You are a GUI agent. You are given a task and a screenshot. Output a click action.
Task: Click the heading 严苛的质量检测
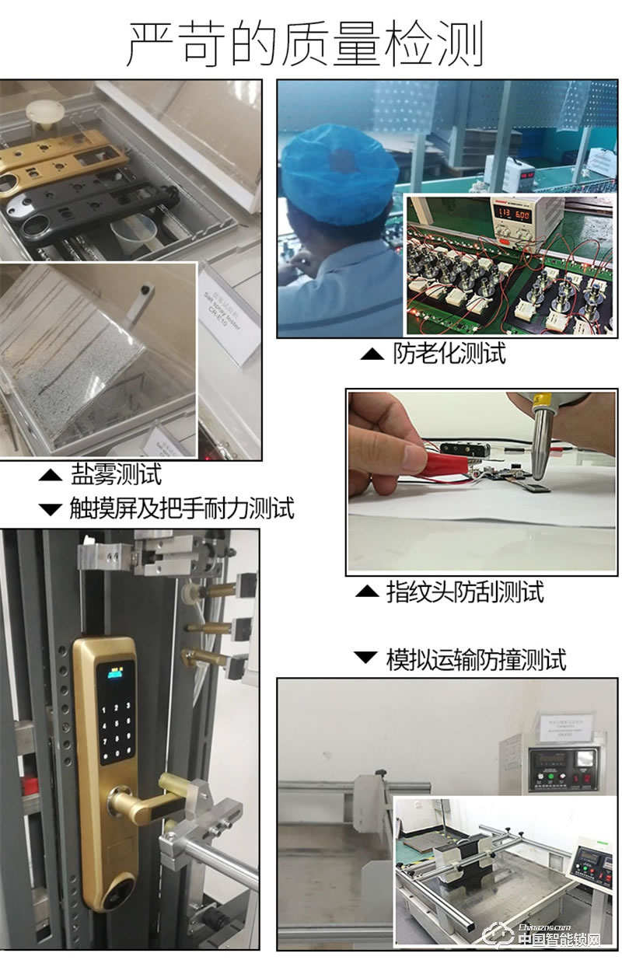(x=305, y=43)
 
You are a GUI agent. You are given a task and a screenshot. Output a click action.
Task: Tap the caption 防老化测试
(x=449, y=354)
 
